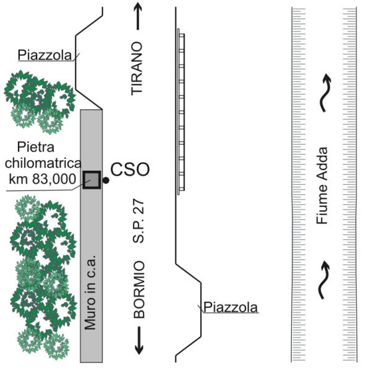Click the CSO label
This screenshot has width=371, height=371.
(130, 169)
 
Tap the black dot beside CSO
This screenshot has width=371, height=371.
(106, 180)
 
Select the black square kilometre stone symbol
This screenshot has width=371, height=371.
(92, 179)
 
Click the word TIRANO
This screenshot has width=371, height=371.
(137, 68)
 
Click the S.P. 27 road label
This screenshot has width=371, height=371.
(139, 222)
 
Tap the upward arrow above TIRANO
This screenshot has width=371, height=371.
(138, 18)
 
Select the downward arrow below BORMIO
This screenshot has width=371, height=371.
(139, 341)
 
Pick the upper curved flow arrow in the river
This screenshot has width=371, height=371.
(324, 92)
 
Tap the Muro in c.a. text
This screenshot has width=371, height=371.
(90, 297)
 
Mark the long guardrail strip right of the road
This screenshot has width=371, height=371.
(179, 111)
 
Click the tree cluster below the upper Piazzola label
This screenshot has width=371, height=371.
(37, 99)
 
